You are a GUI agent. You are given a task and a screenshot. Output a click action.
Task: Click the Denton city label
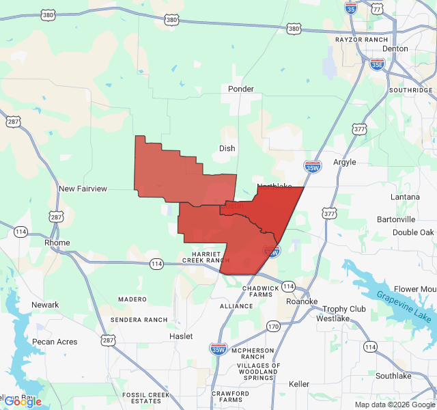pos(395,49)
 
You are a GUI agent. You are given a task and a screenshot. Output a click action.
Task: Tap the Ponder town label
pos(241,89)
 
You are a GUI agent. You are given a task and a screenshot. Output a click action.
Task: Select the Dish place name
pos(227,148)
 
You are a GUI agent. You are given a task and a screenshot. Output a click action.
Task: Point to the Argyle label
pos(344,162)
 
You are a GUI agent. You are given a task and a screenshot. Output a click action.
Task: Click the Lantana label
pos(405,197)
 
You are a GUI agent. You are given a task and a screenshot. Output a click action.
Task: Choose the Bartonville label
pos(396,219)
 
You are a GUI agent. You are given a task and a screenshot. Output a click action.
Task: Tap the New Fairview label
pos(83,189)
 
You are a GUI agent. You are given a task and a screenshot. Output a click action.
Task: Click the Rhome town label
pos(57,243)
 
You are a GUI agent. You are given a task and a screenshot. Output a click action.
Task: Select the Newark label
pos(45,305)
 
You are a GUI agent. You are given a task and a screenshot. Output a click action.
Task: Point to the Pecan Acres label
pos(55,342)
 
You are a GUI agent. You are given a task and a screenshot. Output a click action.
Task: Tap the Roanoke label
pos(301,301)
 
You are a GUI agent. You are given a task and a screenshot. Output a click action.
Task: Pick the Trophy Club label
pos(344,309)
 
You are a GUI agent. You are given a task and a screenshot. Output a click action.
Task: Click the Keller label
pos(299,384)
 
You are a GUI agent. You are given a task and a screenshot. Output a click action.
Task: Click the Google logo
pos(23,402)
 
